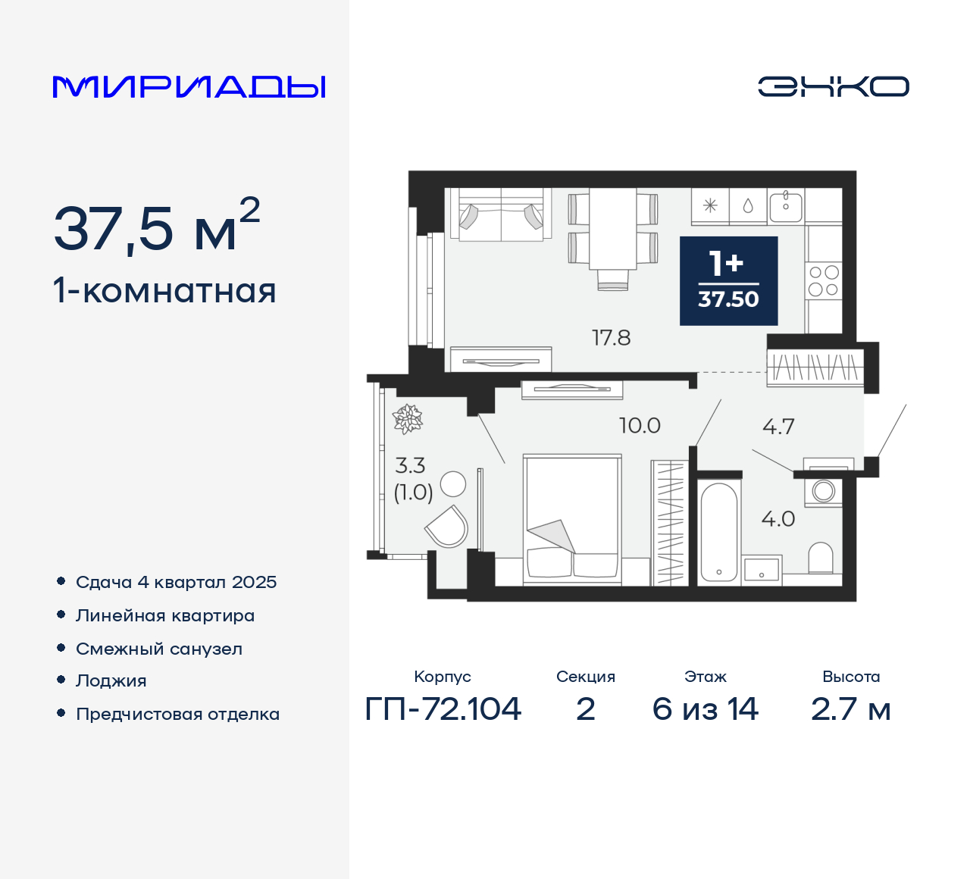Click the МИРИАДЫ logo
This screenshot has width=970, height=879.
coord(189,86)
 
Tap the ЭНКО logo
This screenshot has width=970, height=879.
coord(834,86)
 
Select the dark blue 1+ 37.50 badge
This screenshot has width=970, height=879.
coord(728,281)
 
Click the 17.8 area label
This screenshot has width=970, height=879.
coord(611,338)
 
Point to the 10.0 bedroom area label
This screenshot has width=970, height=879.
coord(640,426)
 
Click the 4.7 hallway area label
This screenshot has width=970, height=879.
coord(778,427)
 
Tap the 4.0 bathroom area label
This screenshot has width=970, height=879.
coord(778,519)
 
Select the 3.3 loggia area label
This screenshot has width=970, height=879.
coord(410,465)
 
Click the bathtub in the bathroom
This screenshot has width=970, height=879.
coord(718,531)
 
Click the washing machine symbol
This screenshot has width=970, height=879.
coord(824,491)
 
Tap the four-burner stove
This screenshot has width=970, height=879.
coord(824,280)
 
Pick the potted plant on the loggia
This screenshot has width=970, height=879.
coord(407,419)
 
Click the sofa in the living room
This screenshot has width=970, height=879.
coord(501,215)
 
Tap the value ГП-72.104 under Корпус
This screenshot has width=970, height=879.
coord(443,709)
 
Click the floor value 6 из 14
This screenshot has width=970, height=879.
coord(705,709)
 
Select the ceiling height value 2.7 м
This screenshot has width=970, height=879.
coord(850,709)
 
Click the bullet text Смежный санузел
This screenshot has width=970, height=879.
coord(159,649)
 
